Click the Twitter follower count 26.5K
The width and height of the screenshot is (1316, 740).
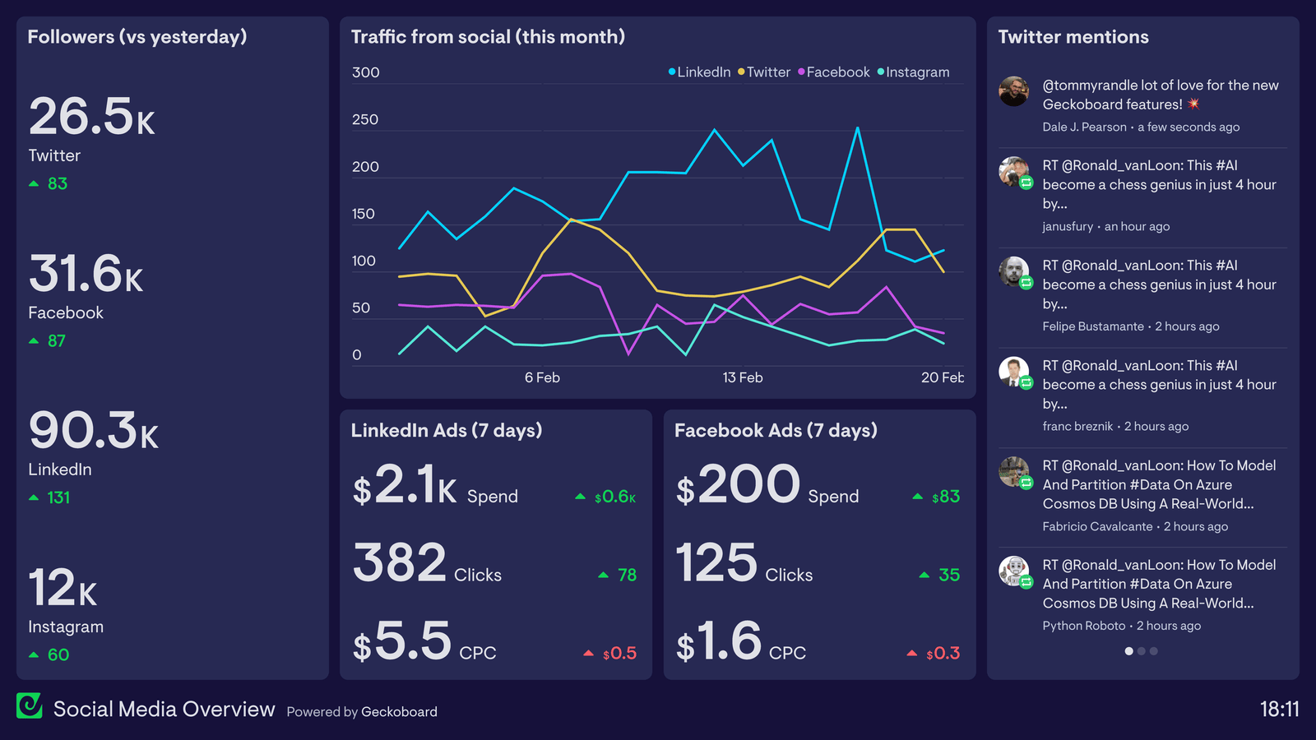click(91, 117)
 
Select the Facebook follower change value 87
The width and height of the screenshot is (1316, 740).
click(56, 340)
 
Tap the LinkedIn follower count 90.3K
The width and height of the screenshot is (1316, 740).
click(93, 431)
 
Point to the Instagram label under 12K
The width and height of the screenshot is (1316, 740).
click(66, 627)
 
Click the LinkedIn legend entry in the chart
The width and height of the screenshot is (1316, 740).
click(700, 72)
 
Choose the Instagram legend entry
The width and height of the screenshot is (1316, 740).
click(914, 72)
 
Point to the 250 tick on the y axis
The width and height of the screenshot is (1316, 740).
click(365, 120)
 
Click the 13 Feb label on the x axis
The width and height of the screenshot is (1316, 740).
click(743, 377)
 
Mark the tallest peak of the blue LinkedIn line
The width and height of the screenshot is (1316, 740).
click(858, 128)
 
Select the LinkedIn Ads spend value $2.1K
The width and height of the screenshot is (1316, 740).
click(405, 485)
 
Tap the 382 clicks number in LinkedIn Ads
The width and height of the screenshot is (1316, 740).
click(400, 563)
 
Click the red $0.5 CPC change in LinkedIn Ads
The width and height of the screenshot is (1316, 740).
click(619, 654)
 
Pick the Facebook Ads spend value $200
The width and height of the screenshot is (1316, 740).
click(738, 485)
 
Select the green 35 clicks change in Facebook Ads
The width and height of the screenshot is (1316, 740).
click(948, 575)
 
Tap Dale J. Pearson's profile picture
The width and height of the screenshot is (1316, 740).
click(1014, 91)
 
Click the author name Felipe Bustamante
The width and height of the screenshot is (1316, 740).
click(1093, 326)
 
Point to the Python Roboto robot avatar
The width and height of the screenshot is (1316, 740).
click(1014, 571)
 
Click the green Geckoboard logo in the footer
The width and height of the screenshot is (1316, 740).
click(30, 705)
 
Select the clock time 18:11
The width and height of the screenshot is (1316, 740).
click(1279, 710)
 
